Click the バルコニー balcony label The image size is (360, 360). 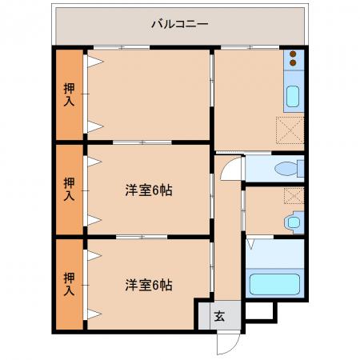coord(180,24)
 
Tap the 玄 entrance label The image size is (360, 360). coord(219,316)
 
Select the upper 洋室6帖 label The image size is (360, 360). coord(149,190)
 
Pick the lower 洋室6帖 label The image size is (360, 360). coord(149,285)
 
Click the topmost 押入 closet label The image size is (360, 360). coord(69,94)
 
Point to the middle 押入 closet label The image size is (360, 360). coord(69,189)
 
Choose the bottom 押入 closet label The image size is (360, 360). coord(69,284)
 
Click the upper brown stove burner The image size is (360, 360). coord(293,54)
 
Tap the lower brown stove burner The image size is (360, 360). coord(293,63)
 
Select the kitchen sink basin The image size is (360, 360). coord(293,96)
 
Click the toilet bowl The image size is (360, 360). coord(286,169)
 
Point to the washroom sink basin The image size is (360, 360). coord(294,222)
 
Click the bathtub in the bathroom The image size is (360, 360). coord(274,284)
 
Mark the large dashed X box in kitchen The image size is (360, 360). coord(290,130)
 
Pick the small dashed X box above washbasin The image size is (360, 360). coord(294,196)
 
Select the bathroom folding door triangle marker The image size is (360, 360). coord(251,244)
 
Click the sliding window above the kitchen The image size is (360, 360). coord(250,48)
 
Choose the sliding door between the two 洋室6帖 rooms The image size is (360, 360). coord(142,237)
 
